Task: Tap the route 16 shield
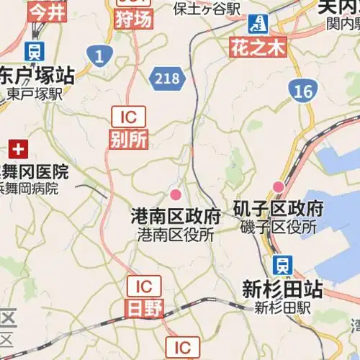pos(302,90)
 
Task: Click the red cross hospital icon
pos(17,150)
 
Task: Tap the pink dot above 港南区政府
pos(175,194)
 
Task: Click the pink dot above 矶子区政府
pos(278,187)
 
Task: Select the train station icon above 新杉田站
pos(283,264)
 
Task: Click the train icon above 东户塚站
pos(34,51)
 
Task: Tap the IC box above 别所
pos(129,116)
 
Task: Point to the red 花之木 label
pos(258,48)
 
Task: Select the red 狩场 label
pos(133,19)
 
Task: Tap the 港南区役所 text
pos(176,235)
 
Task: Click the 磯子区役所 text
pos(278,227)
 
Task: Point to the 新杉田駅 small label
pos(282,307)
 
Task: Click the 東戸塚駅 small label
pos(35,94)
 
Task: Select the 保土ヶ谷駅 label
pos(207,8)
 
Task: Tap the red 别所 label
pos(129,138)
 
